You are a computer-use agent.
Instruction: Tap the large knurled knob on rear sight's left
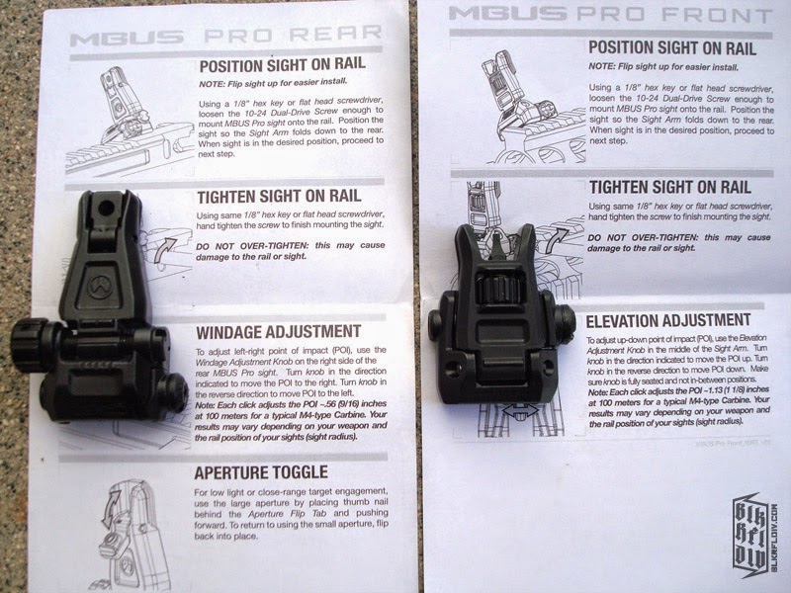point(31,346)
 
